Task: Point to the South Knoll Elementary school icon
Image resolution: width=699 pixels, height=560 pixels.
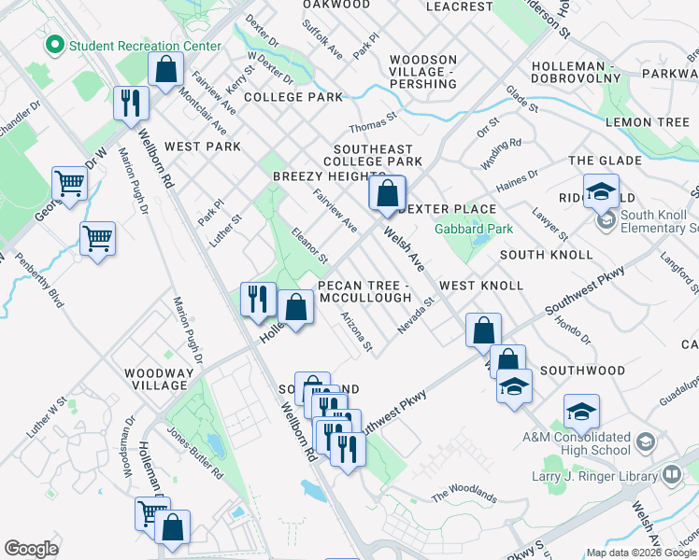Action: (606, 220)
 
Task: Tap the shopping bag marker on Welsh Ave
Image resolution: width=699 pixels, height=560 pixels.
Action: (386, 194)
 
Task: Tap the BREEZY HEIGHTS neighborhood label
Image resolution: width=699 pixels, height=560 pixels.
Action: (329, 176)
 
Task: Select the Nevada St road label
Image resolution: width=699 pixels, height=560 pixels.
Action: (416, 315)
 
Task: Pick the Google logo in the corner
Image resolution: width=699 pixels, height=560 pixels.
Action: (31, 549)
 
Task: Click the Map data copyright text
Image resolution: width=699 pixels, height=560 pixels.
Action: (640, 553)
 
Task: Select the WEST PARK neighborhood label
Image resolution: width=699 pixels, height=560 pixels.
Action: (202, 147)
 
